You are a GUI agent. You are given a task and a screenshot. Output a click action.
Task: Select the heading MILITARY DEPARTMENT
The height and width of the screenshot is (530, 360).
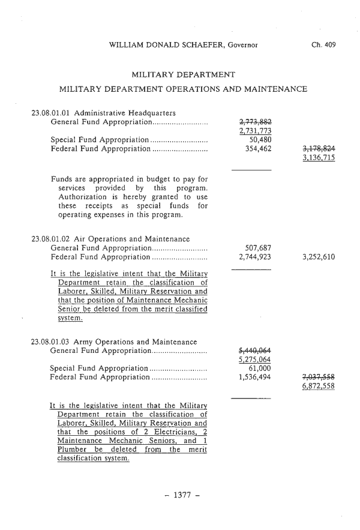click(182, 74)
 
